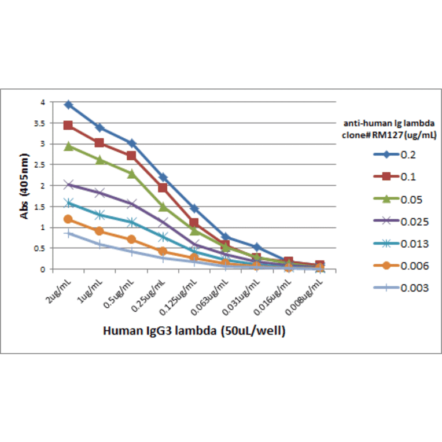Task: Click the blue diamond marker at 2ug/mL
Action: pyautogui.click(x=68, y=105)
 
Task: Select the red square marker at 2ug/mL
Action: pyautogui.click(x=68, y=126)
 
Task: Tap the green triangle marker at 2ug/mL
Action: pyautogui.click(x=68, y=146)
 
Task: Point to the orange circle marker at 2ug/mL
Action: pyautogui.click(x=68, y=219)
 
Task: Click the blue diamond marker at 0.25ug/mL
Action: pyautogui.click(x=163, y=177)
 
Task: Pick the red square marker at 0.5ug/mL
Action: pyautogui.click(x=131, y=156)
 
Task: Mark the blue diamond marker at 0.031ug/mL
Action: pyautogui.click(x=257, y=247)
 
